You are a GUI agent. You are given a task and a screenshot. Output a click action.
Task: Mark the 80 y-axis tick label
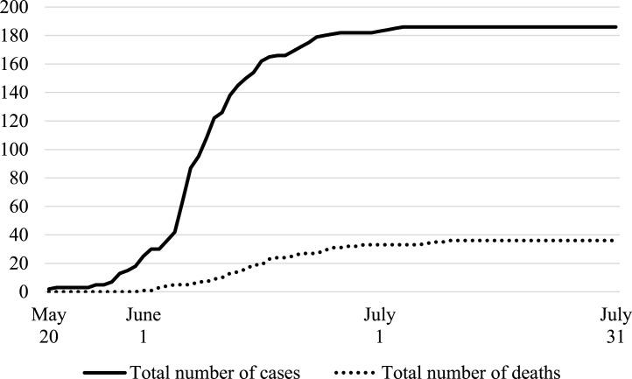pos(19,179)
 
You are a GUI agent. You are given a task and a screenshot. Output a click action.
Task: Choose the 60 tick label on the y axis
pos(19,207)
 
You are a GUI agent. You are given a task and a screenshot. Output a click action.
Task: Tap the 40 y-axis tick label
pos(19,235)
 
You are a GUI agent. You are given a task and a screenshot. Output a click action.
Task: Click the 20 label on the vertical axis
pos(19,263)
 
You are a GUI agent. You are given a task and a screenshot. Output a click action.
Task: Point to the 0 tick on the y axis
pos(24,292)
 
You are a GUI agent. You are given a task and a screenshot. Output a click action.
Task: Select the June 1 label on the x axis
pos(142,324)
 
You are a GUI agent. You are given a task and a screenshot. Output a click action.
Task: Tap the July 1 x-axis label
pos(379,324)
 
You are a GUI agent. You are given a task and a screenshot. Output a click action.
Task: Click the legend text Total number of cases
pos(215,372)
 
